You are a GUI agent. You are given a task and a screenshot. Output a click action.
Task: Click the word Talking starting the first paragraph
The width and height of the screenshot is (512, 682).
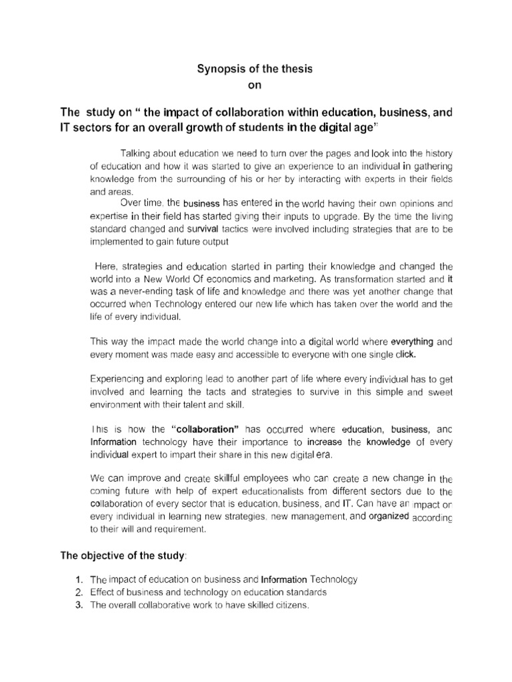click(137, 152)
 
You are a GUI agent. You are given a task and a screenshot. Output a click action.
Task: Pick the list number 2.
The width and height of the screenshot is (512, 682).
click(79, 592)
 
